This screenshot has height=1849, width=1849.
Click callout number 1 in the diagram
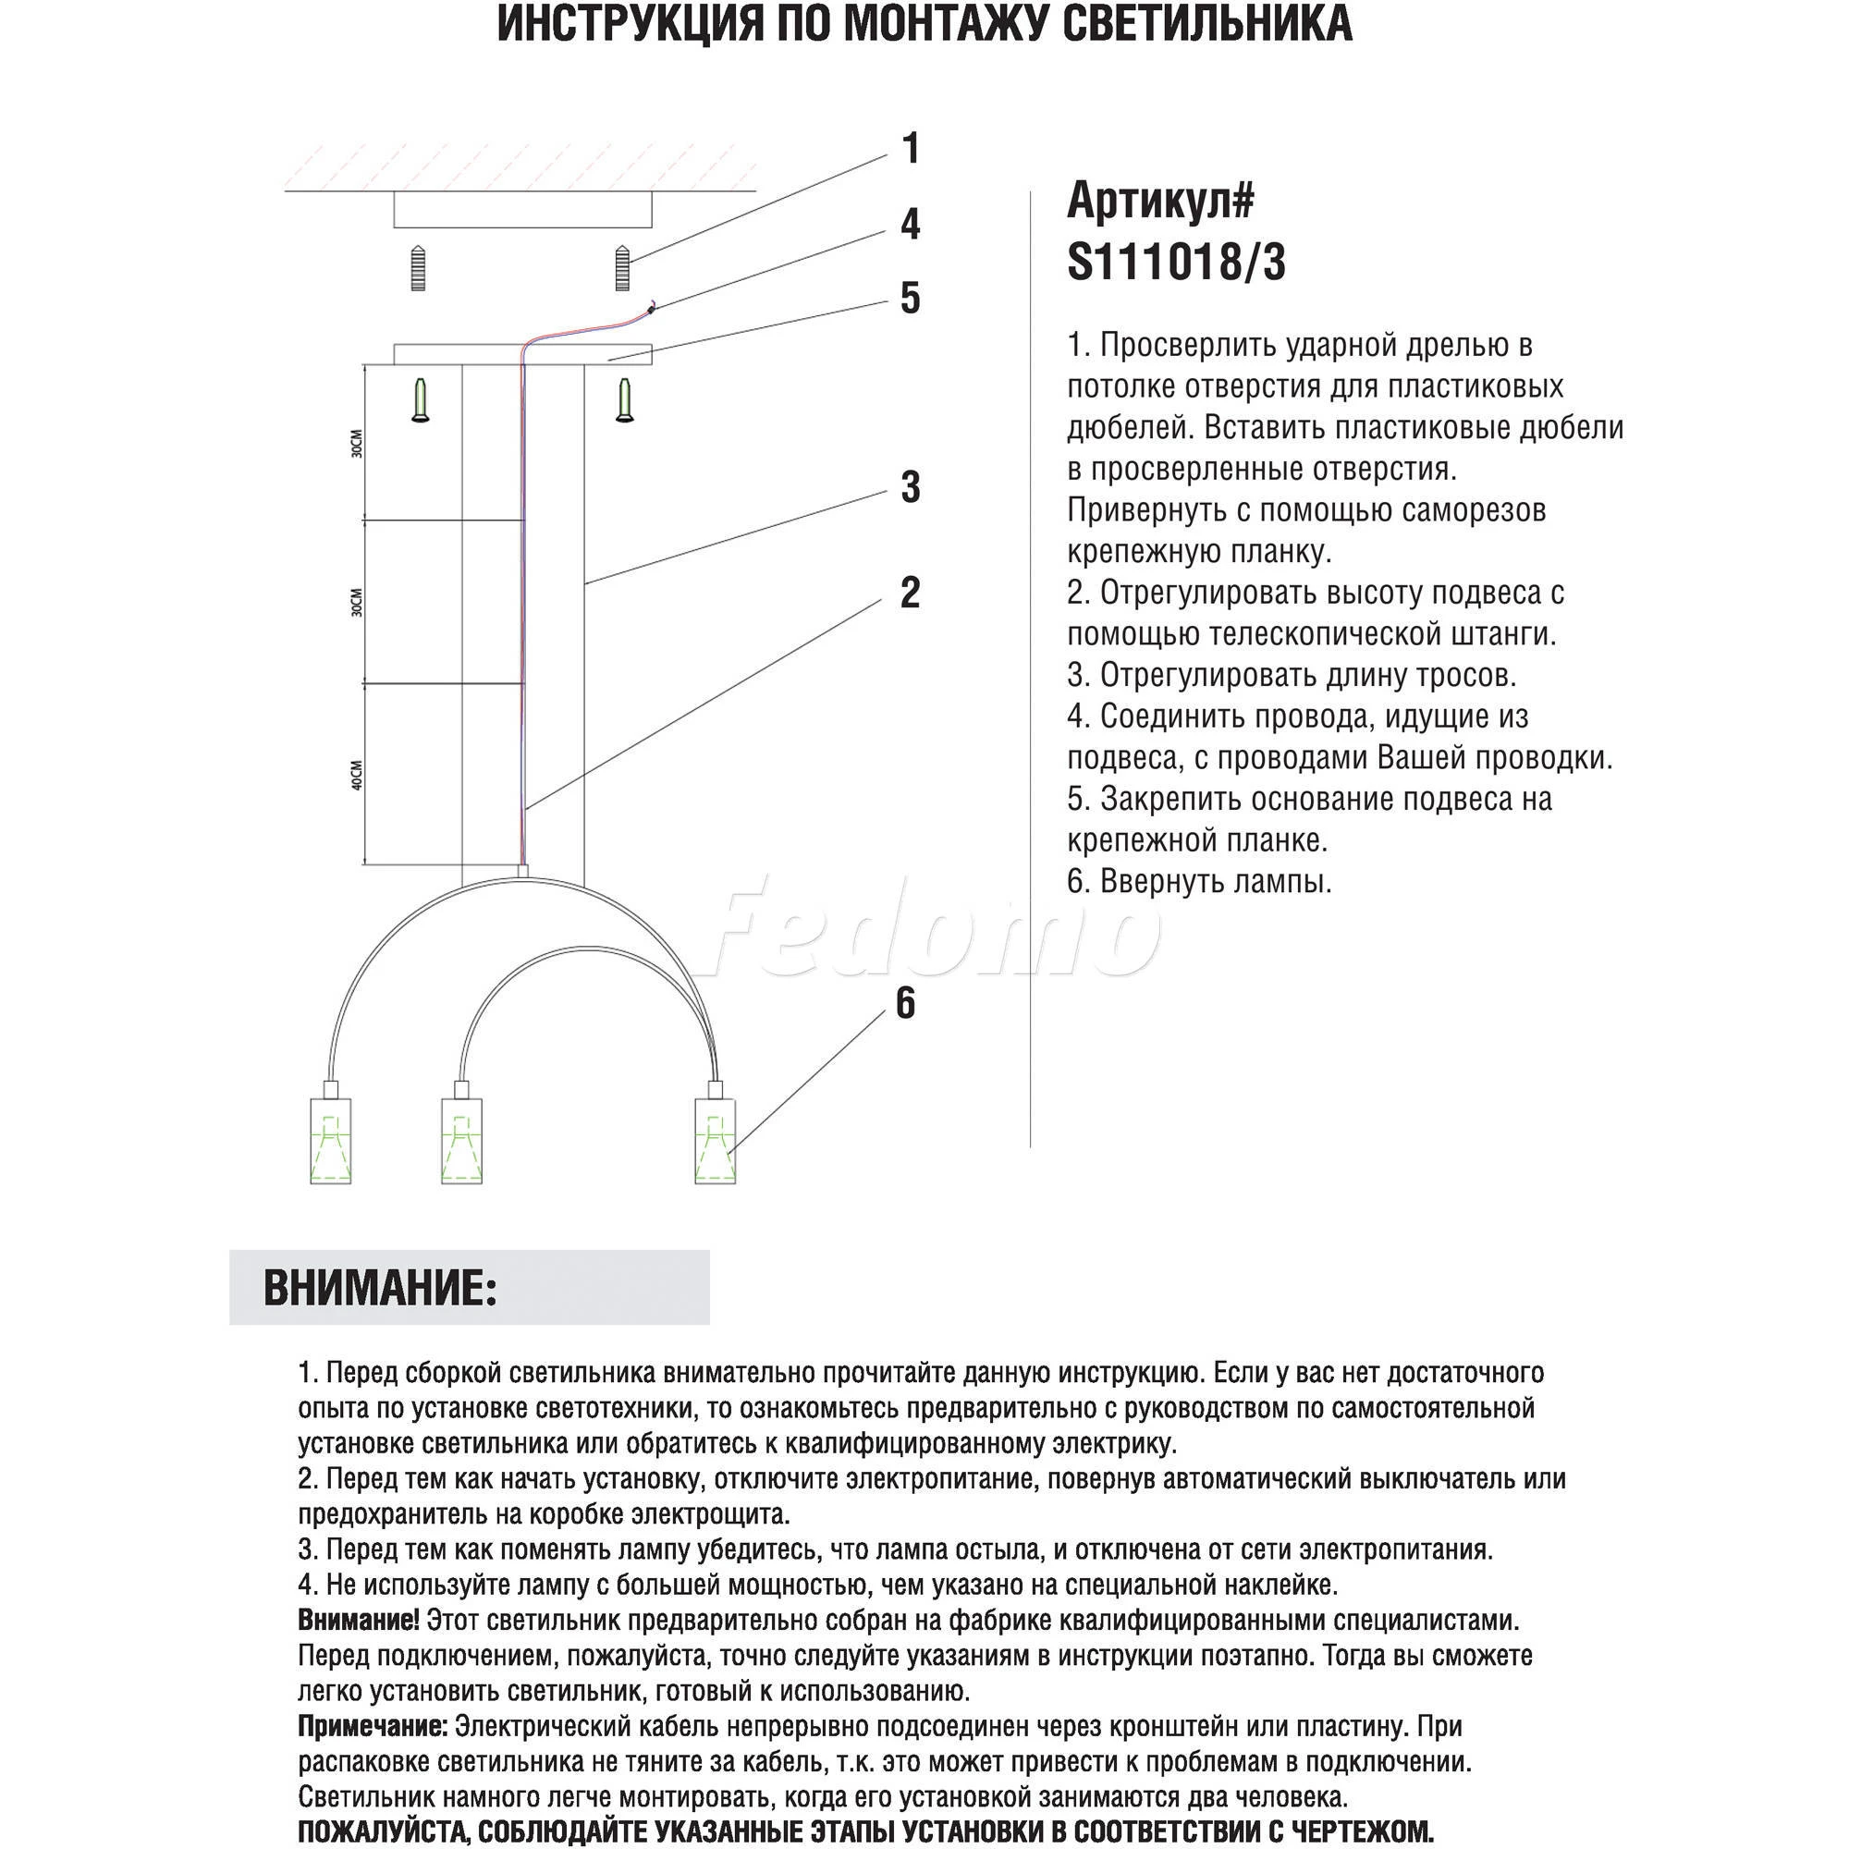pos(910,149)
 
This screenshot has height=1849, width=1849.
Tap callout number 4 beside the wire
pos(910,224)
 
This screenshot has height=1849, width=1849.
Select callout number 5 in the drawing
pos(910,299)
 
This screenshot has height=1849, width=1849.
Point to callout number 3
pos(910,487)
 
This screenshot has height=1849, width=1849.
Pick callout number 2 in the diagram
pos(910,593)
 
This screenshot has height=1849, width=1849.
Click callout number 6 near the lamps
pos(904,1004)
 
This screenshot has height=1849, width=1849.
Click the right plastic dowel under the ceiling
pos(623,268)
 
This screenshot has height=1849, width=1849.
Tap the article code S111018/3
pos(1176,262)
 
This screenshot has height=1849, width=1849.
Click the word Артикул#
pos(1160,200)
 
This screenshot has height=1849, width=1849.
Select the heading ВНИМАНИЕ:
pos(380,1288)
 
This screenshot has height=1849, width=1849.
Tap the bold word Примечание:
pos(373,1726)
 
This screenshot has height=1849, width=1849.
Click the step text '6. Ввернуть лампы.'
pos(1199,881)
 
